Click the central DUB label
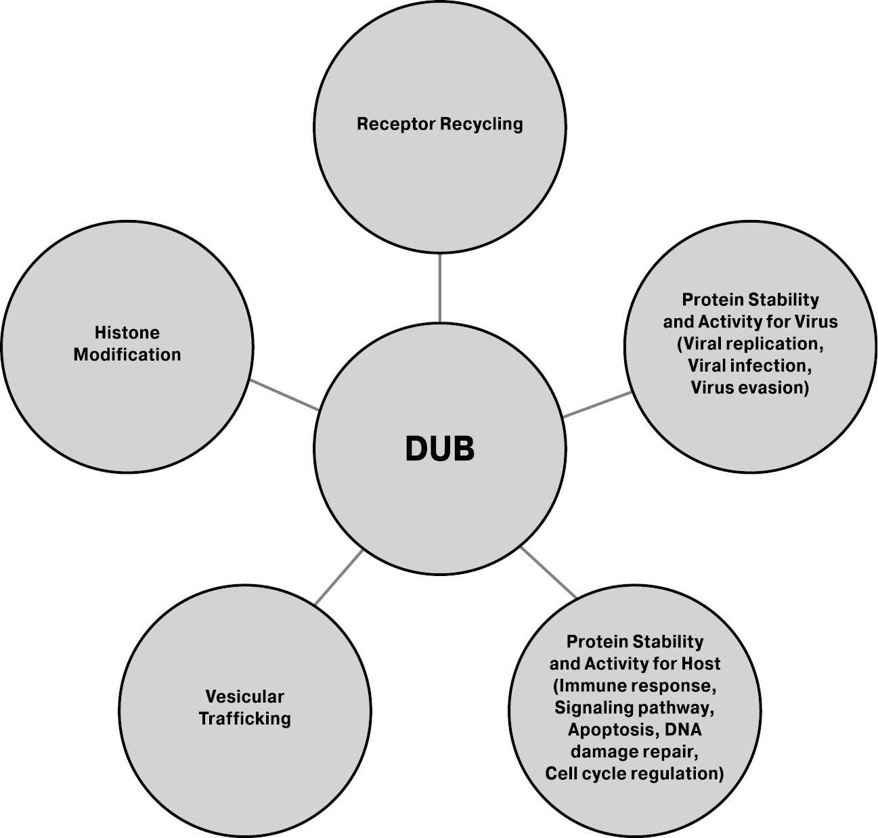click(x=440, y=448)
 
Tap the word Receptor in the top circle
click(x=395, y=125)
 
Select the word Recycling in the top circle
click(x=481, y=125)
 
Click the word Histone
click(x=127, y=332)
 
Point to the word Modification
click(x=127, y=355)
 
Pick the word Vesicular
click(x=244, y=696)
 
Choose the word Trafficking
click(x=244, y=718)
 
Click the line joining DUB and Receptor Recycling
click(x=440, y=288)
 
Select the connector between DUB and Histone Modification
click(x=284, y=395)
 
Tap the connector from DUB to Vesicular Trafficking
click(x=338, y=577)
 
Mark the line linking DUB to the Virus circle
click(x=597, y=404)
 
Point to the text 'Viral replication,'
click(x=750, y=344)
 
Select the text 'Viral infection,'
click(x=750, y=366)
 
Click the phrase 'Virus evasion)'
click(x=750, y=387)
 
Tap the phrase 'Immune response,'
click(x=635, y=686)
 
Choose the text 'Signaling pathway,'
click(x=635, y=708)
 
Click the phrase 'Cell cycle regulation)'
click(x=635, y=773)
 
